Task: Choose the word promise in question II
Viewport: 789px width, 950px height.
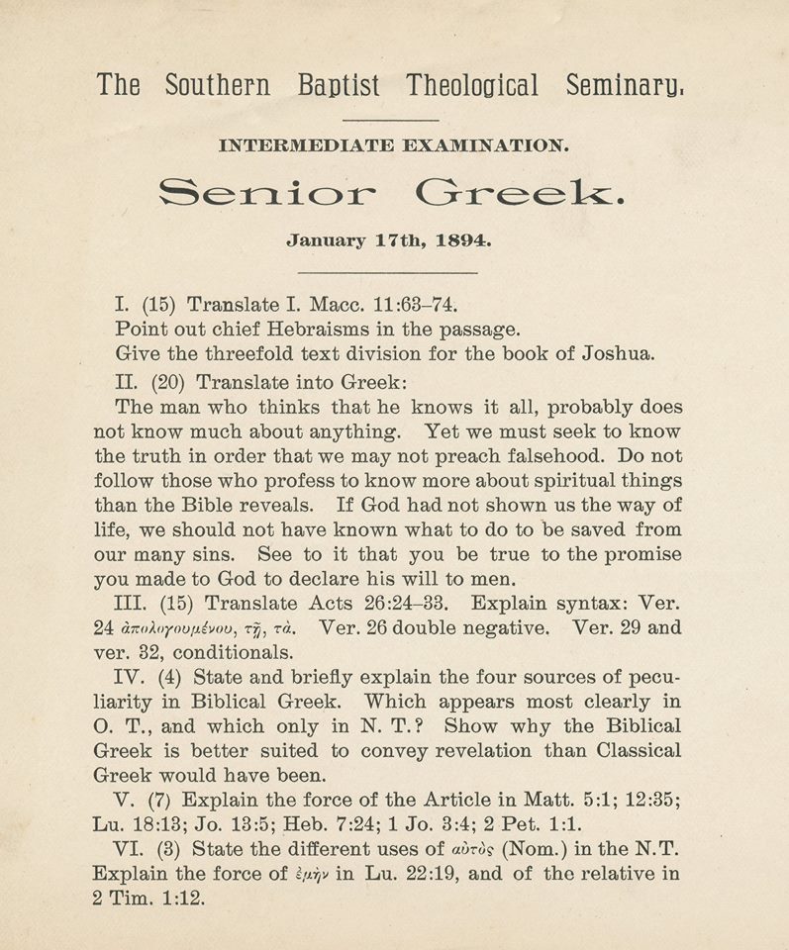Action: point(625,554)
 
